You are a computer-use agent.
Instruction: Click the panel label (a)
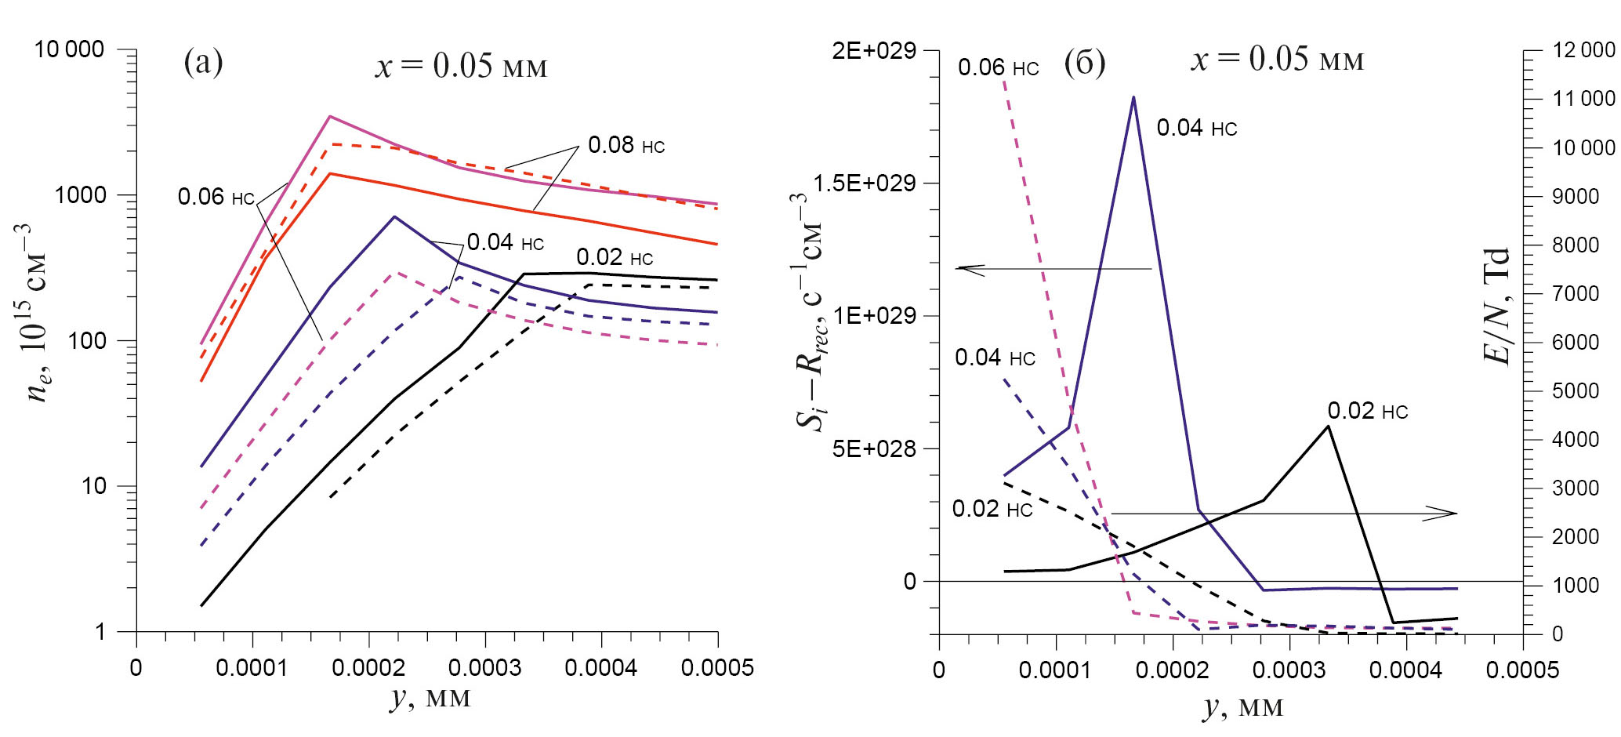point(203,62)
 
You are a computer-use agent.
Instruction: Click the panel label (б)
point(1084,62)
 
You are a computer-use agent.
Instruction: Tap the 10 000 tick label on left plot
point(69,49)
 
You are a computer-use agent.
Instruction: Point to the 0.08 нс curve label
point(626,145)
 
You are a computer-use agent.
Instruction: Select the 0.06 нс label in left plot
point(216,197)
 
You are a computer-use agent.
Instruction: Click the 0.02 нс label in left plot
point(614,257)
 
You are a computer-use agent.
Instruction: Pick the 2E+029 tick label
point(873,51)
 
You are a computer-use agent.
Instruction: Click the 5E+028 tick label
point(873,448)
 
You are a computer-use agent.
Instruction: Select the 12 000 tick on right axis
point(1583,50)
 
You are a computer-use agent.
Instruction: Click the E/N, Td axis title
point(1496,306)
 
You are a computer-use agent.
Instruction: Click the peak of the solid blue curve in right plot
point(1133,97)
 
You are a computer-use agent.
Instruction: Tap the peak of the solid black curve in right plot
point(1328,426)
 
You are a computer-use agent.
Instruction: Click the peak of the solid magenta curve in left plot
point(330,117)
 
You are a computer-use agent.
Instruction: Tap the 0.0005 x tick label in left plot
point(717,668)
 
